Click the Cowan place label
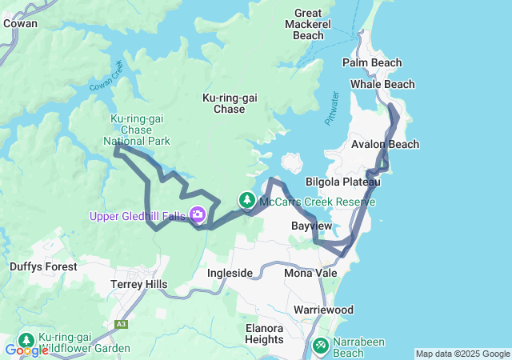(x=20, y=23)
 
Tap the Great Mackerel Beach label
(x=309, y=24)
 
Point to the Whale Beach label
(x=382, y=84)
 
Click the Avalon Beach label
(x=385, y=144)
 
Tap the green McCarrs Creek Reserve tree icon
(x=248, y=200)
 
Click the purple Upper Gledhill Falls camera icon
(x=197, y=214)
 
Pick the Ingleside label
(x=230, y=273)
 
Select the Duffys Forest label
(x=43, y=266)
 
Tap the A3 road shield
(x=121, y=324)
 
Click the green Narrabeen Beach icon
(x=320, y=345)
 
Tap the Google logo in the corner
(x=26, y=350)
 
